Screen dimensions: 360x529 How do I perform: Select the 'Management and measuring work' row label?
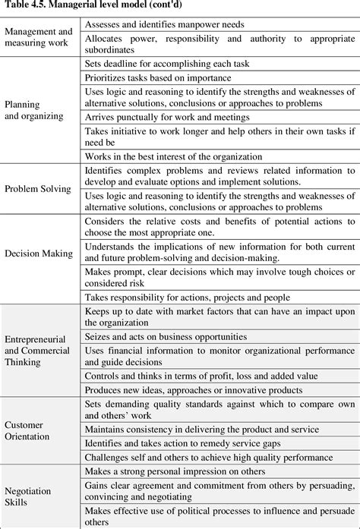39,38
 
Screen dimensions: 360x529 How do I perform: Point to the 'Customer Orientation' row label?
27,430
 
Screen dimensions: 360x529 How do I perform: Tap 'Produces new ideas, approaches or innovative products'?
194,389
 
